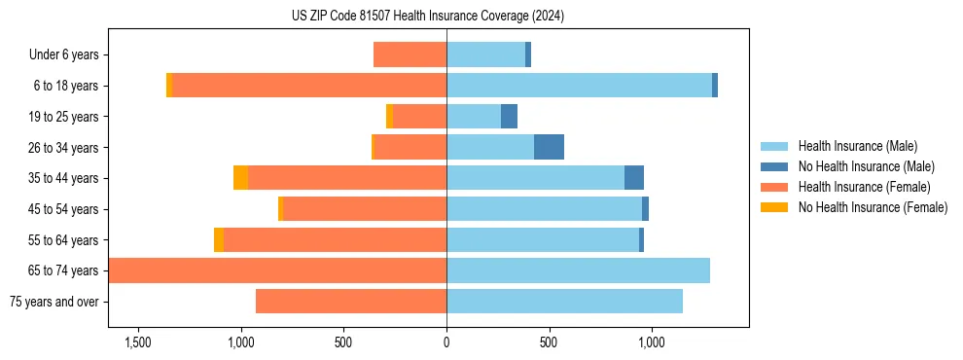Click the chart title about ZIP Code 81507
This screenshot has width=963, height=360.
427,16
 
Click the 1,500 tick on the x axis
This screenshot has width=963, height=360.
137,342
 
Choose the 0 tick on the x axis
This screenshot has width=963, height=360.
446,342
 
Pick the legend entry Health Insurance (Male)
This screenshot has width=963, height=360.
856,146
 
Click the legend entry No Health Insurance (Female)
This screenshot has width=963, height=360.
873,207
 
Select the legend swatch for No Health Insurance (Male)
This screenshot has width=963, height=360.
775,166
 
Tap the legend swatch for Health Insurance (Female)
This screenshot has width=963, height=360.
775,187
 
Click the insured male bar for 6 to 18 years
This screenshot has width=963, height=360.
579,86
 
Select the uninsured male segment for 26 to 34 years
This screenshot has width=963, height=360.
549,147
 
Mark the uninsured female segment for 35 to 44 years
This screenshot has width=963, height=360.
240,178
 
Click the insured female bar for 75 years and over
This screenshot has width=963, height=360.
351,302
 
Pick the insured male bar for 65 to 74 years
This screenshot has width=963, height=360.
578,270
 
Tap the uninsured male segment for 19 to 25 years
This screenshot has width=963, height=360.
509,117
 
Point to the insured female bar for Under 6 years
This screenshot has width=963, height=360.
410,54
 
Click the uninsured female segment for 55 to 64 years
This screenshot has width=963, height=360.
219,240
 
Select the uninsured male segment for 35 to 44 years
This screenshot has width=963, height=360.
634,178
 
